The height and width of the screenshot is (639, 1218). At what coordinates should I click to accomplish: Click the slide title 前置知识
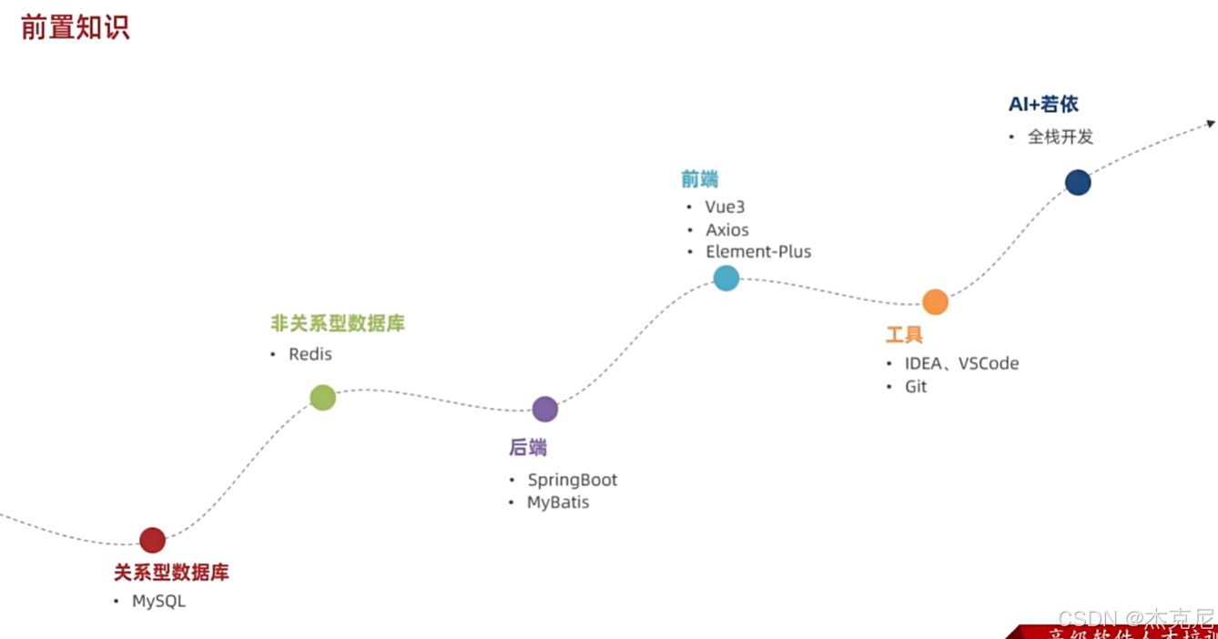pos(75,27)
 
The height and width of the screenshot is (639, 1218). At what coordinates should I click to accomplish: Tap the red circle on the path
pos(152,540)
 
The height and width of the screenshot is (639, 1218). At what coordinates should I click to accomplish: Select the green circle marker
pos(322,398)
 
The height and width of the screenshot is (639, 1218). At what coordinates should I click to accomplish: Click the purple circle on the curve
pos(544,410)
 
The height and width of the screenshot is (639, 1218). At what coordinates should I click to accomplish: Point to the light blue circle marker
pos(726,278)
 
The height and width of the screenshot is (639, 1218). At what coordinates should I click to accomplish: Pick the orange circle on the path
pos(935,302)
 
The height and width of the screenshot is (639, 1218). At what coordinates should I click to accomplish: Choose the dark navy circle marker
pos(1078,183)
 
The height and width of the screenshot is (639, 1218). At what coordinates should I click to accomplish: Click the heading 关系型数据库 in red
pos(171,573)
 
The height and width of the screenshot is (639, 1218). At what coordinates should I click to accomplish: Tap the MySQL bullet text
pos(158,602)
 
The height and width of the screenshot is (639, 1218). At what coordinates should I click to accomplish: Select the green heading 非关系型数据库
pos(338,323)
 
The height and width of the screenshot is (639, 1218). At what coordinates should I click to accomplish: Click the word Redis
pos(310,354)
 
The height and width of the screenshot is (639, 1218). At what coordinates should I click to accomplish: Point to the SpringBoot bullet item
pos(573,480)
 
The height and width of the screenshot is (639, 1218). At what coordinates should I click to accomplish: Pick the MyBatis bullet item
pos(558,502)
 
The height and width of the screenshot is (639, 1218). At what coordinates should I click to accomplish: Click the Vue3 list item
pos(725,208)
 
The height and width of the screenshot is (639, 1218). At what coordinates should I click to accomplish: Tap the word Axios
pos(727,230)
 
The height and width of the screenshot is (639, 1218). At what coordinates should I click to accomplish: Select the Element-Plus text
pos(758,252)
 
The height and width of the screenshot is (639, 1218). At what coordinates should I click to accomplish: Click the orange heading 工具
pos(904,335)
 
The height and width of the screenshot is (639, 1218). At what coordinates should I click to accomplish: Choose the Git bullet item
pos(916,387)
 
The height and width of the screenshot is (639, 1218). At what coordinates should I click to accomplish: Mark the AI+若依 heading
pos(1043,105)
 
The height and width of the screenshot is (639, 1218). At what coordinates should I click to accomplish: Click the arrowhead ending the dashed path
pos(1210,123)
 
